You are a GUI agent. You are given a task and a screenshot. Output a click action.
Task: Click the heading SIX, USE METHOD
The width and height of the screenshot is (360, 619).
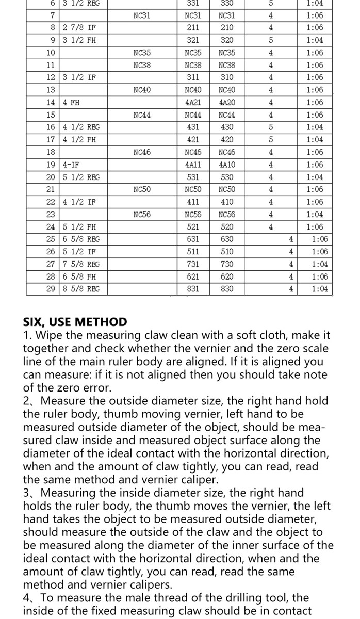click(75, 322)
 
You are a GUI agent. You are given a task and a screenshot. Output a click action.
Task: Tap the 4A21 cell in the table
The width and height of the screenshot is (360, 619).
click(193, 103)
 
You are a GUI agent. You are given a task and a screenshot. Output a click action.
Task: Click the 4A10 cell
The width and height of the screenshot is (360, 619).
click(227, 165)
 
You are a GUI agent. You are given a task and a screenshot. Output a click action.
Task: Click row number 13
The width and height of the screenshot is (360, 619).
click(51, 90)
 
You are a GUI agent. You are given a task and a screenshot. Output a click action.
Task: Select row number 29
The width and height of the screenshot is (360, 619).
click(51, 289)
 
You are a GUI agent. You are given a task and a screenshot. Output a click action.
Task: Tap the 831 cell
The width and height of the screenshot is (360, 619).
click(193, 289)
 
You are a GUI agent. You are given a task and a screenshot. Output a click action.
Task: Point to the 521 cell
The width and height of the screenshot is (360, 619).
click(193, 227)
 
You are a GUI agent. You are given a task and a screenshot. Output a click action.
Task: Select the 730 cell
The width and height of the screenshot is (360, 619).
click(227, 264)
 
